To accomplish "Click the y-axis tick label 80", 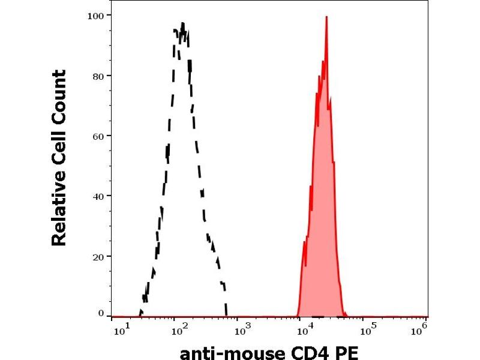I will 98,76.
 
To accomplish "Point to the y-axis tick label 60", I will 98,136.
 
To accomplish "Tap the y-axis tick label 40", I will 98,196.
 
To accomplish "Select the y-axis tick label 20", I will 98,256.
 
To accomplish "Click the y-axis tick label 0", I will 100,313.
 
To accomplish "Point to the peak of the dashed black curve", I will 182,24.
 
